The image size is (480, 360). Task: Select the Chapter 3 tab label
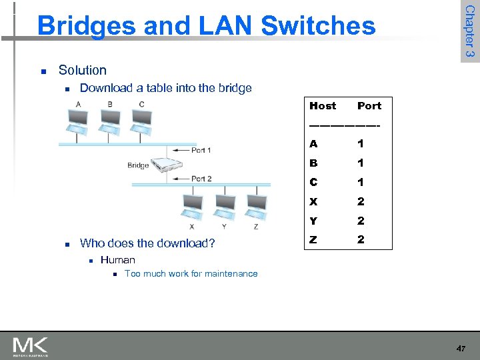pyautogui.click(x=470, y=31)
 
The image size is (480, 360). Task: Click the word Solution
pyautogui.click(x=82, y=70)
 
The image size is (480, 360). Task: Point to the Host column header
pyautogui.click(x=323, y=105)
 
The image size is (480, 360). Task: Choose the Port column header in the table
pyautogui.click(x=369, y=105)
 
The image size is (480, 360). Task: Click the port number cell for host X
pyautogui.click(x=361, y=201)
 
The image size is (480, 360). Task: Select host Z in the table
pyautogui.click(x=313, y=239)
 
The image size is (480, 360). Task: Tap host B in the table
pyautogui.click(x=313, y=163)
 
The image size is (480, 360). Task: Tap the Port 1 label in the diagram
pyautogui.click(x=201, y=150)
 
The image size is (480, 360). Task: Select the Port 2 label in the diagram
pyautogui.click(x=201, y=179)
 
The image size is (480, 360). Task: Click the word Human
pyautogui.click(x=117, y=260)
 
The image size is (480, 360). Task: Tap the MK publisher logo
pyautogui.click(x=30, y=347)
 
